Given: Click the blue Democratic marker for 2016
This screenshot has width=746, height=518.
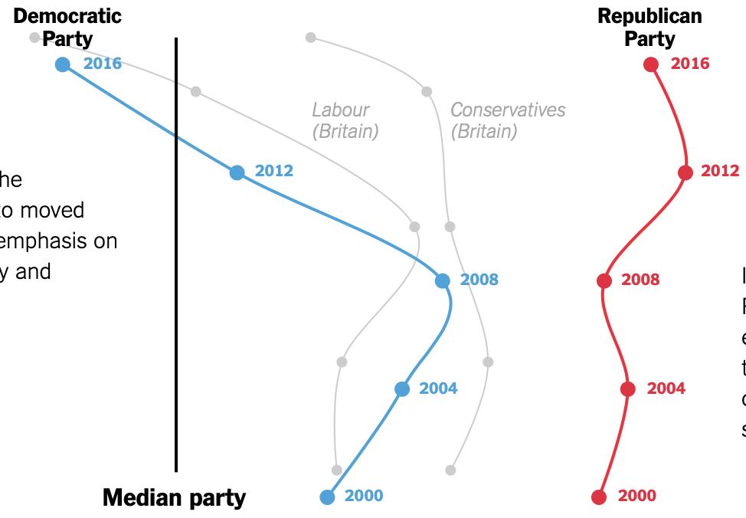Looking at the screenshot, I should pos(63,64).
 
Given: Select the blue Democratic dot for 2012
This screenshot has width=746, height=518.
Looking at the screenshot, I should pos(237,172).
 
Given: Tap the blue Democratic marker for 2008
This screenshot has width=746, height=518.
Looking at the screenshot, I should pos(442,280).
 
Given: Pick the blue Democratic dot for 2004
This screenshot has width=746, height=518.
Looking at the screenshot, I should pos(402,389).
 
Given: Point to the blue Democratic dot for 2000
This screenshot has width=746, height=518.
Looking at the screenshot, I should pos(327,497).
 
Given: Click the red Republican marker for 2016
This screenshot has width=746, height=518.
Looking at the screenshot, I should pos(651,64).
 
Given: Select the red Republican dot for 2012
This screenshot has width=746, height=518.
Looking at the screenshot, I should pos(685,172).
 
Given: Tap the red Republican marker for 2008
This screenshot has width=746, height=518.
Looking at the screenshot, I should pos(604,280).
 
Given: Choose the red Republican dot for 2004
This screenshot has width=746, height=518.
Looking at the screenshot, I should pos(628,389).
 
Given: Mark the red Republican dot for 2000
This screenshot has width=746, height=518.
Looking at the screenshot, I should pos(599,497).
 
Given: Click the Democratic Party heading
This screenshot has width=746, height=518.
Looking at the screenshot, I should pos(67,27).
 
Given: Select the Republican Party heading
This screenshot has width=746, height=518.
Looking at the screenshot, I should pos(649,27).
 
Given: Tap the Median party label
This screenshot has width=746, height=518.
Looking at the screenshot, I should pos(175,498).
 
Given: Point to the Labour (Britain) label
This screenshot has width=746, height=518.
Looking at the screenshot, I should pos(345,120).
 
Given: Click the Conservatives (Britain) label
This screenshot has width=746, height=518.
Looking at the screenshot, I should pos(508,120).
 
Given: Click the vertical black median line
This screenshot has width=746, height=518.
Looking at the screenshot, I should pos(176,253).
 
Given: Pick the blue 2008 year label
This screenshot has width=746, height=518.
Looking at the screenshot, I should pos(479,280).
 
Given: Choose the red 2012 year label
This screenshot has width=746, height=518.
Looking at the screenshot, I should pos(720,171).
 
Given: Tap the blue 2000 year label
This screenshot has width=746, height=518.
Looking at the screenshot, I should pos(364,496).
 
